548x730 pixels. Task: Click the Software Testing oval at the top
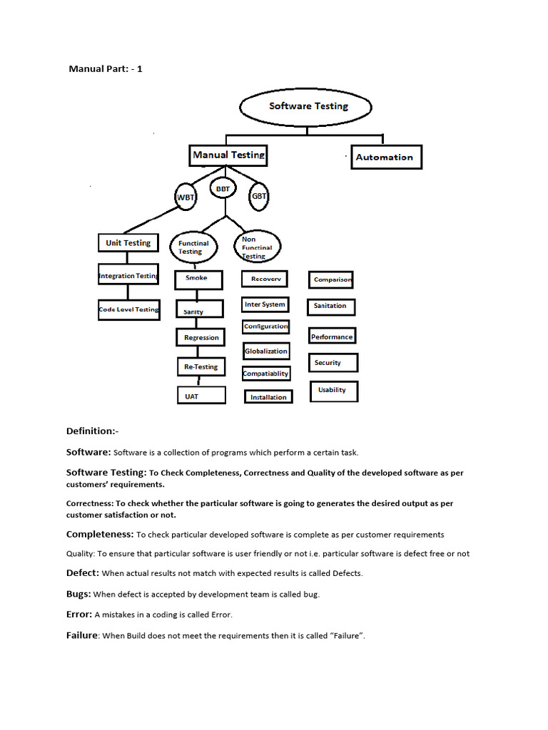(306, 107)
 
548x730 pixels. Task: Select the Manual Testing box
(228, 155)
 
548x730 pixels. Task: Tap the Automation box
(386, 157)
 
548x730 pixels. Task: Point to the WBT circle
(186, 196)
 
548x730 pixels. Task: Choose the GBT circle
(259, 195)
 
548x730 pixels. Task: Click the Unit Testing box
(128, 243)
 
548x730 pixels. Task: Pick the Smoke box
(196, 278)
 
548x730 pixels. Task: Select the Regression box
(201, 337)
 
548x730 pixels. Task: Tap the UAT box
(201, 396)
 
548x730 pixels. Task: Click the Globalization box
(266, 351)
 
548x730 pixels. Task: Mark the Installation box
(268, 397)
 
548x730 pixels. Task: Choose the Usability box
(333, 390)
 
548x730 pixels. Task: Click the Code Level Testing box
(128, 309)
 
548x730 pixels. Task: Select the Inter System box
(265, 305)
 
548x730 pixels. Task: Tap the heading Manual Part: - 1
(106, 69)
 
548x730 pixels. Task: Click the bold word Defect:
(83, 572)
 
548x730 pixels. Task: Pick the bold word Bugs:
(78, 593)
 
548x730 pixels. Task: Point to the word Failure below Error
(81, 635)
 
